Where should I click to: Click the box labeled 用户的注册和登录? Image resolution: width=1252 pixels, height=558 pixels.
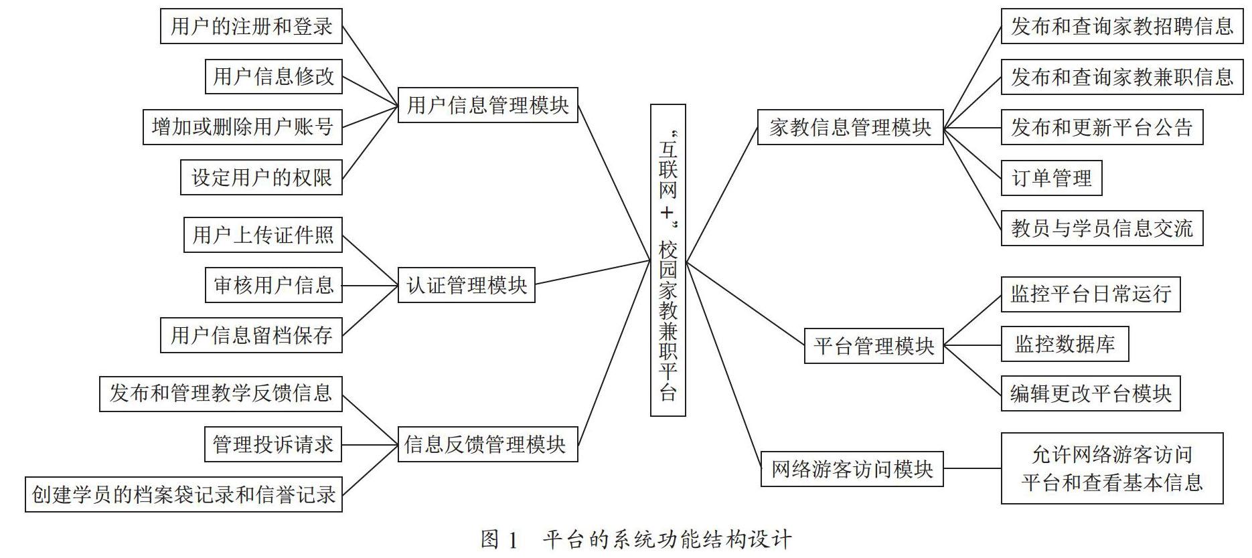point(251,26)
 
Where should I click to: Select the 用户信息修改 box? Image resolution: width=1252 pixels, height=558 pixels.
point(274,76)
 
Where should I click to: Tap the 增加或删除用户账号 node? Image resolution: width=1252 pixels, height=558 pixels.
point(242,126)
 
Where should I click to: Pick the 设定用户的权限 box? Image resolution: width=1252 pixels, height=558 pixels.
point(261,177)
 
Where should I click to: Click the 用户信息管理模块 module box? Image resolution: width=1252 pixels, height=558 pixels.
point(488,105)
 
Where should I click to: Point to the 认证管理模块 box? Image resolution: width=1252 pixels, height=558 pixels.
point(467,285)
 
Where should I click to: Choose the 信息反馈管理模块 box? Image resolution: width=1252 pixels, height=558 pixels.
point(488,444)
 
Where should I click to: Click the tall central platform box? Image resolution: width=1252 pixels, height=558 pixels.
point(668,260)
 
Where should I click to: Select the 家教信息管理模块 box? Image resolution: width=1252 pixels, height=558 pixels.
point(850,127)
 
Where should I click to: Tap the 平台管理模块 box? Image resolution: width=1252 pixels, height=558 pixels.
point(874,346)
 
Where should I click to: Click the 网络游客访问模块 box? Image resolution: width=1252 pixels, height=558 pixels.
point(852,469)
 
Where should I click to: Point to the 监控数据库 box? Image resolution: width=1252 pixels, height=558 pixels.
point(1065,344)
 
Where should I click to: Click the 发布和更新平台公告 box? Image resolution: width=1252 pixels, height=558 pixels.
point(1102,127)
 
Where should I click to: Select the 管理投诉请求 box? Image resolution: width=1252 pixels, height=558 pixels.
point(273,444)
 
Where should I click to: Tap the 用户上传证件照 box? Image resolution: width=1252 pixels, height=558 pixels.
point(263,235)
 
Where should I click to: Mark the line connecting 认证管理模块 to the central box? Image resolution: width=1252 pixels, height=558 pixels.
point(593,273)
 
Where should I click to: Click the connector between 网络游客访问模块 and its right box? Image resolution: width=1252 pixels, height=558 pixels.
point(972,469)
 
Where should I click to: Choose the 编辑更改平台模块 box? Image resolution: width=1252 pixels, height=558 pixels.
point(1091,393)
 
